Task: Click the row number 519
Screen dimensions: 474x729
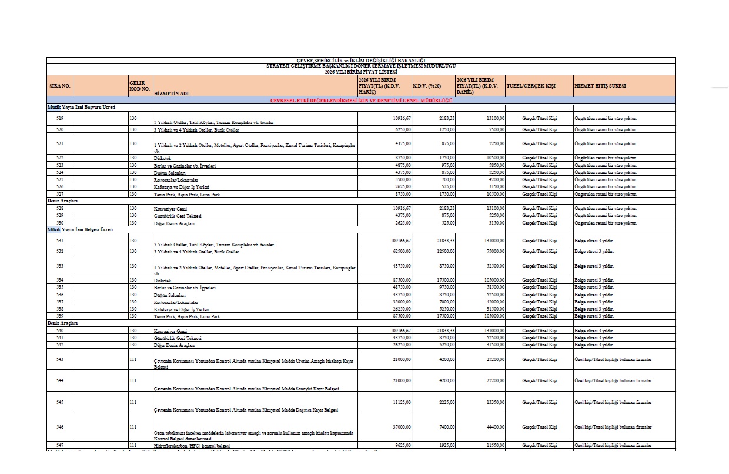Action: (60, 118)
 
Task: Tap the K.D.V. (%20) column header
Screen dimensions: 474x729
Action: (427, 86)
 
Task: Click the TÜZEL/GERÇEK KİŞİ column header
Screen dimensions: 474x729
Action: (531, 86)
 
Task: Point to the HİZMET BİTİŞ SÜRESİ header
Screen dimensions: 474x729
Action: (600, 86)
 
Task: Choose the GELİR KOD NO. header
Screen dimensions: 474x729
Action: (137, 86)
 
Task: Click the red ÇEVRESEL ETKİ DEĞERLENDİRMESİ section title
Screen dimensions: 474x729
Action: (361, 101)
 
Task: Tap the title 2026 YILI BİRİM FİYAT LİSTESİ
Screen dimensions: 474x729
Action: (361, 72)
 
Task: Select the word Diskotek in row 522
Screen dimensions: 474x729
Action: (162, 158)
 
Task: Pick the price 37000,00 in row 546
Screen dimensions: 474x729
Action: (401, 426)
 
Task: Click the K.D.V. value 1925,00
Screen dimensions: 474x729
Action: (445, 445)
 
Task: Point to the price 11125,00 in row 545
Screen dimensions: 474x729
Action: (401, 402)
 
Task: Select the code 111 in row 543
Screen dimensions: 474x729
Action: (133, 359)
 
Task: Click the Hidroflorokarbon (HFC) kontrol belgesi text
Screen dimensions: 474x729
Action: (191, 446)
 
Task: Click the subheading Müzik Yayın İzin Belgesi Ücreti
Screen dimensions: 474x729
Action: (82, 230)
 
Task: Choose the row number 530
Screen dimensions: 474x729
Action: (60, 223)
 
